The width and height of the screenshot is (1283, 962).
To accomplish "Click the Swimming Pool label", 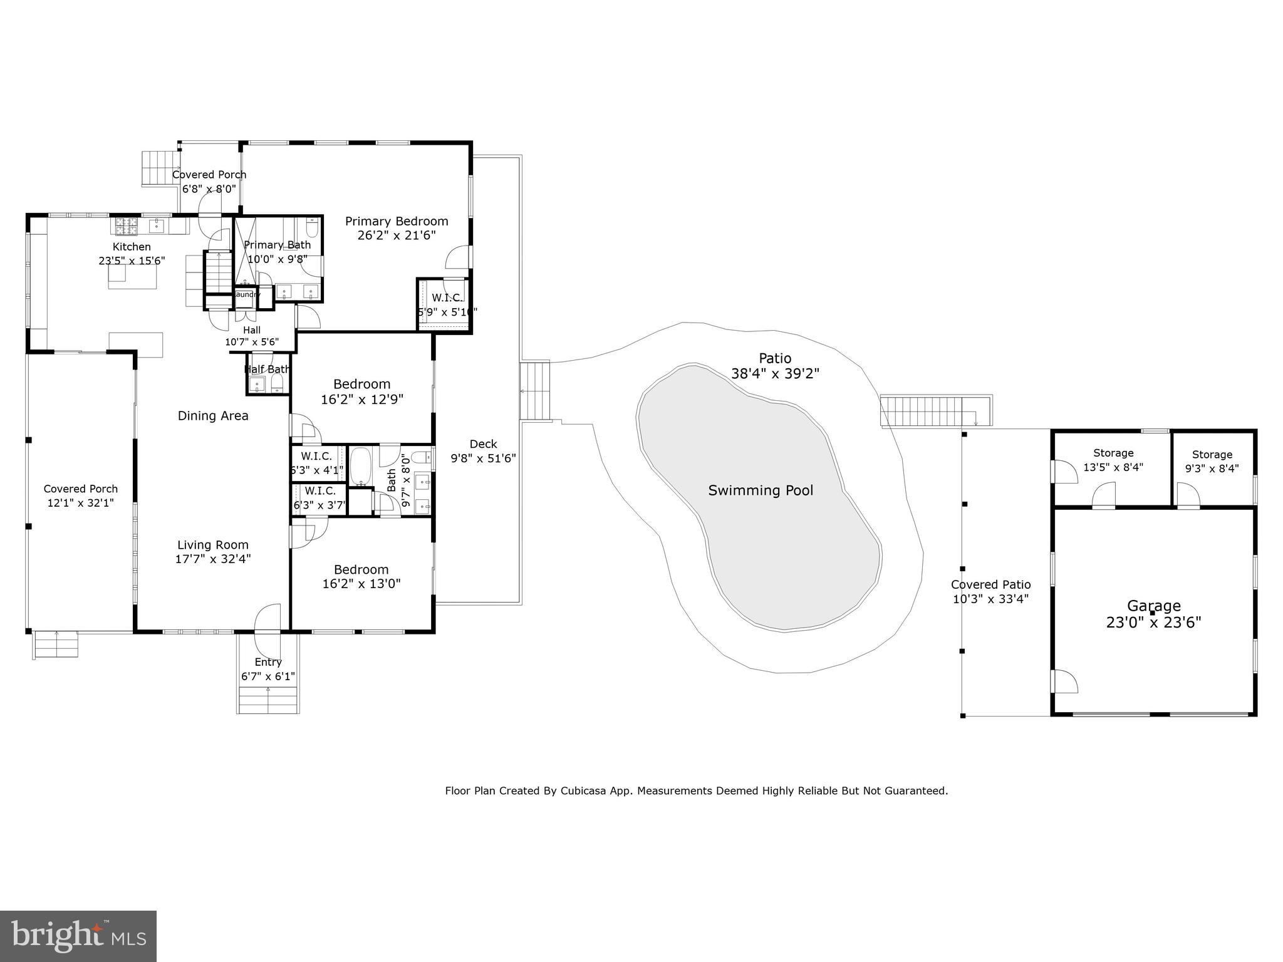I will tap(760, 490).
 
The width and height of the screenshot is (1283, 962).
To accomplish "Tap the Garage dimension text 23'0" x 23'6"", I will tap(1153, 623).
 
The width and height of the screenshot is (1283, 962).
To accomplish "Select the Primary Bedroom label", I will tap(396, 221).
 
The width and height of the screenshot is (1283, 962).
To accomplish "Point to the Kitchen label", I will tap(132, 247).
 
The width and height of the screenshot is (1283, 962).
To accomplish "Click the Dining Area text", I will tap(213, 416).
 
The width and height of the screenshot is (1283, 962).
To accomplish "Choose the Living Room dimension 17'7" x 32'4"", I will tap(213, 559).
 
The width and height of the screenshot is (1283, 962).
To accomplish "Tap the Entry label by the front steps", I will tap(268, 662).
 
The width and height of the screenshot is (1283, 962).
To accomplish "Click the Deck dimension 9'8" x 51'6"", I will tap(483, 458).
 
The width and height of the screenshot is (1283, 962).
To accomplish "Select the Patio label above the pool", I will tap(775, 358).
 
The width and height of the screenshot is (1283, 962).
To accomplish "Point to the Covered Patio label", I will tap(990, 584).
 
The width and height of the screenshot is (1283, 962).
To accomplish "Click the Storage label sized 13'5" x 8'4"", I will tap(1113, 453).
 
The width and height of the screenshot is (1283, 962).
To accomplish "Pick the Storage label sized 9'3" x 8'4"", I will tap(1212, 455).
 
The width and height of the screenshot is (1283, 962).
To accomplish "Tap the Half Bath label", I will tap(267, 370).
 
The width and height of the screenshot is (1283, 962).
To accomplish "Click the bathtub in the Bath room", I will tap(360, 467).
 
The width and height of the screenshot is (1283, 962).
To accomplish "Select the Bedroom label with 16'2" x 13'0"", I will tap(361, 569).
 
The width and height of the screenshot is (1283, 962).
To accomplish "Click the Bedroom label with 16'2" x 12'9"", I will tap(361, 384).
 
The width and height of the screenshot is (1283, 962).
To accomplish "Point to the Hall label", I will tap(252, 330).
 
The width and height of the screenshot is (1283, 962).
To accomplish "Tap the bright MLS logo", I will tap(78, 936).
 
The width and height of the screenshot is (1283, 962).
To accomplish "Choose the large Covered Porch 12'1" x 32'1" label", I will tap(81, 489).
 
